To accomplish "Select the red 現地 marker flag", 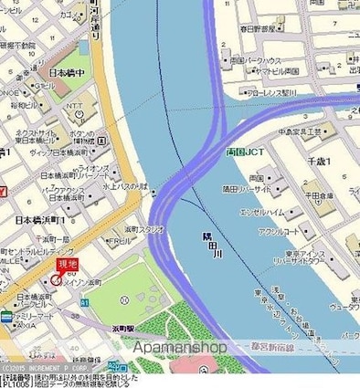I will coord(67,265).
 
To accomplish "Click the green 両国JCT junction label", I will coord(244,152).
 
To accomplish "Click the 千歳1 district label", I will coord(342,161).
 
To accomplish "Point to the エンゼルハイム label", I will coord(265,212).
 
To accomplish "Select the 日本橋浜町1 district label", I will coord(34,221).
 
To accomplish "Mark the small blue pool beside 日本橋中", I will coord(85,47).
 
